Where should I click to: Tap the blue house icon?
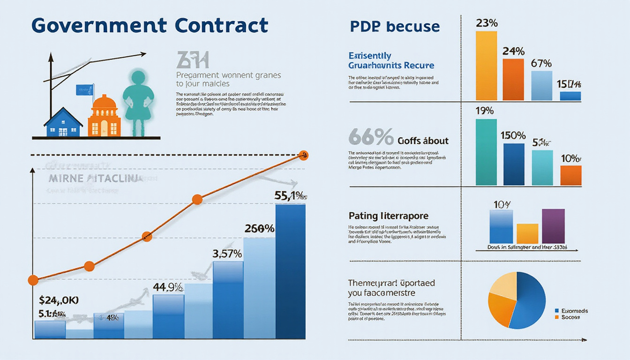[x=63, y=123]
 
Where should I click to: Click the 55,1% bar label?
[x=291, y=196]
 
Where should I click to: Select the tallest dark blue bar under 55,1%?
[x=290, y=272]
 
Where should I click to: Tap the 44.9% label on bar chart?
[x=168, y=288]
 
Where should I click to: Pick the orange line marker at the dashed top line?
[x=303, y=155]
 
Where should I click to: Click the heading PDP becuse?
[x=395, y=26]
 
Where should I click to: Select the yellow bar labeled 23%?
[x=486, y=66]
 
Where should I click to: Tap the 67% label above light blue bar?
[x=541, y=63]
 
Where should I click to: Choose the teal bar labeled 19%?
[x=486, y=152]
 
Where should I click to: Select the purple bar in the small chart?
[x=553, y=226]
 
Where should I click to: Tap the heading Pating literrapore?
[x=389, y=216]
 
